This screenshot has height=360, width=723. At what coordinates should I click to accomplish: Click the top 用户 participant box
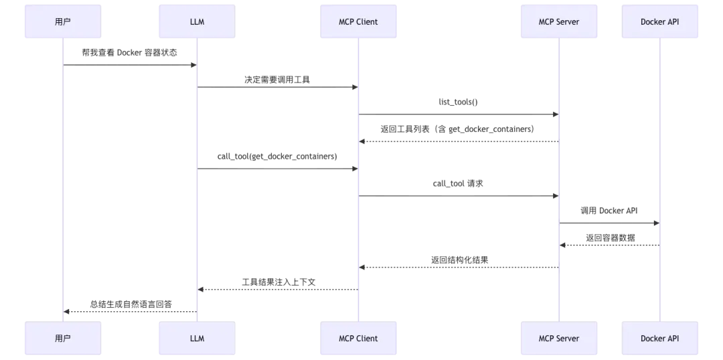63,21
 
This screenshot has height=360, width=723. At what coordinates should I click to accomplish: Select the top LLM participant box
197,21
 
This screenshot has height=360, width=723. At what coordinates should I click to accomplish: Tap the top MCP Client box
358,21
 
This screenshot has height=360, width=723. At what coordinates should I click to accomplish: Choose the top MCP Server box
559,21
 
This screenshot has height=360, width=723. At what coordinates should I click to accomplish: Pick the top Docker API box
660,21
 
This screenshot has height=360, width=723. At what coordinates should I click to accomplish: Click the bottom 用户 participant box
63,339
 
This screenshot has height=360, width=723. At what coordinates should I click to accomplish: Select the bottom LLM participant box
197,339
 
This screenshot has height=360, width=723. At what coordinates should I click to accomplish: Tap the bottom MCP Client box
358,339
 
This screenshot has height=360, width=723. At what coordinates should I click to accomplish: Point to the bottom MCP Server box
559,339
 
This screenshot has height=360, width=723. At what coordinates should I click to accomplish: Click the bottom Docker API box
660,339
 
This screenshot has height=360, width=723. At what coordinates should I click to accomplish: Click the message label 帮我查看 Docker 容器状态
130,53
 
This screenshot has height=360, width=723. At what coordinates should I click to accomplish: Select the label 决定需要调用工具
277,80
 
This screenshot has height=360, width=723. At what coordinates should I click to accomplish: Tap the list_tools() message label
458,102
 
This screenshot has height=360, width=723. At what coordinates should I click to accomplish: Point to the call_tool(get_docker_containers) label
277,157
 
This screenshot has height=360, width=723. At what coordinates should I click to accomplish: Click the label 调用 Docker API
609,211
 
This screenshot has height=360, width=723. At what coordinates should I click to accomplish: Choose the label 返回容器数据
611,238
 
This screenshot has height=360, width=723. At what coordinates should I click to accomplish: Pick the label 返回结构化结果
460,260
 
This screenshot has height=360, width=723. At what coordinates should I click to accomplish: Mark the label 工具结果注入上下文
278,282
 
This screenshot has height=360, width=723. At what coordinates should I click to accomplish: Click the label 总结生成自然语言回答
131,304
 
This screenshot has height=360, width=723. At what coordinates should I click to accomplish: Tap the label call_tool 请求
458,183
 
